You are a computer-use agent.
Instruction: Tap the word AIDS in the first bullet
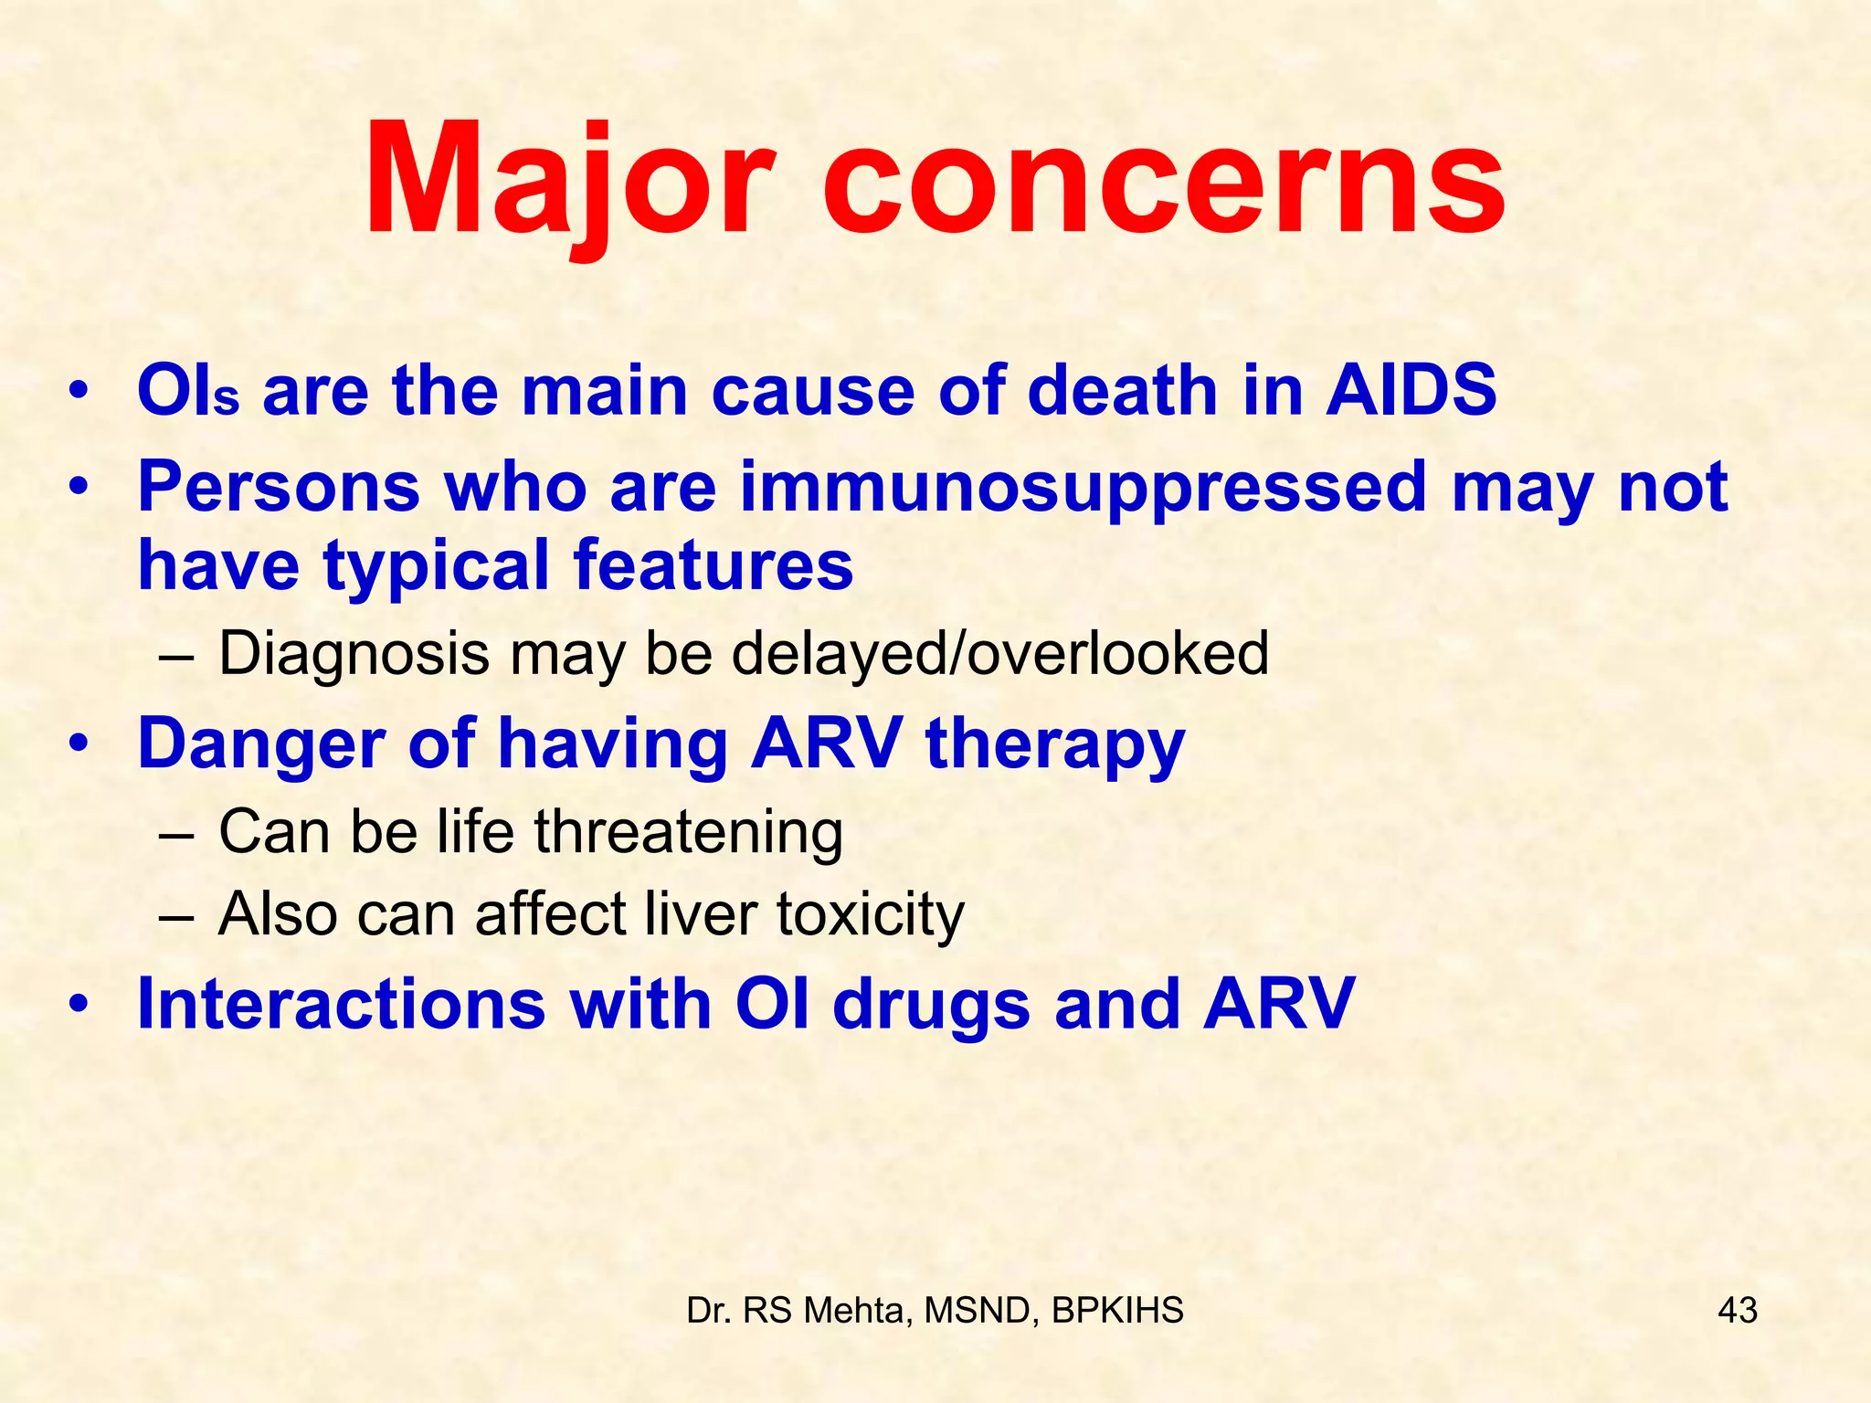pos(1411,391)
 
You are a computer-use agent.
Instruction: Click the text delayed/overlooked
pos(999,655)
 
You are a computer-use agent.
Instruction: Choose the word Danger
pos(260,744)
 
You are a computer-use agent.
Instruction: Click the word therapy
pos(1054,745)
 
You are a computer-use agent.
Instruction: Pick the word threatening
pos(688,832)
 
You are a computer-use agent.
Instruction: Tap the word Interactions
pos(341,1004)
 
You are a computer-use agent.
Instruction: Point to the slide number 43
pos(1737,1311)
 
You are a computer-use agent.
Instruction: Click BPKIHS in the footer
pos(1117,1311)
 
